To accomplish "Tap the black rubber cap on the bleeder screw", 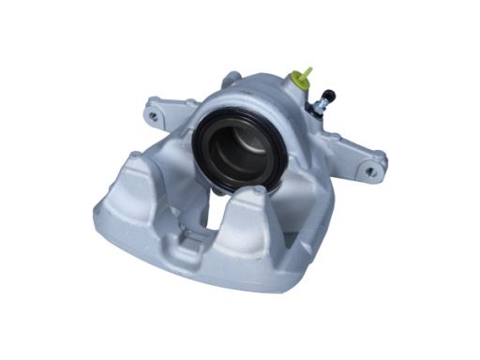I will point(327,96).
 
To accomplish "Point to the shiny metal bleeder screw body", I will point(319,107).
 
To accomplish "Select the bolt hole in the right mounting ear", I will point(372,172).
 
